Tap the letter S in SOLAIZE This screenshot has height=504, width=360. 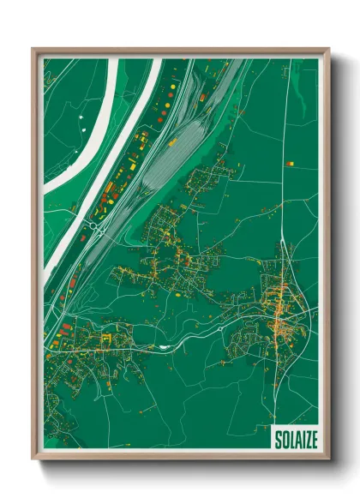click(277, 439)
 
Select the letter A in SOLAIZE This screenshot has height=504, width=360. click(293, 439)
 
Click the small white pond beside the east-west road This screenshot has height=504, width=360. click(162, 346)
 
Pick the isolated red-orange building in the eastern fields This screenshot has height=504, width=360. click(290, 162)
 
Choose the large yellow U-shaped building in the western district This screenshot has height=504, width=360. click(106, 339)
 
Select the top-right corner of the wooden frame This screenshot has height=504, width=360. click(327, 50)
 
